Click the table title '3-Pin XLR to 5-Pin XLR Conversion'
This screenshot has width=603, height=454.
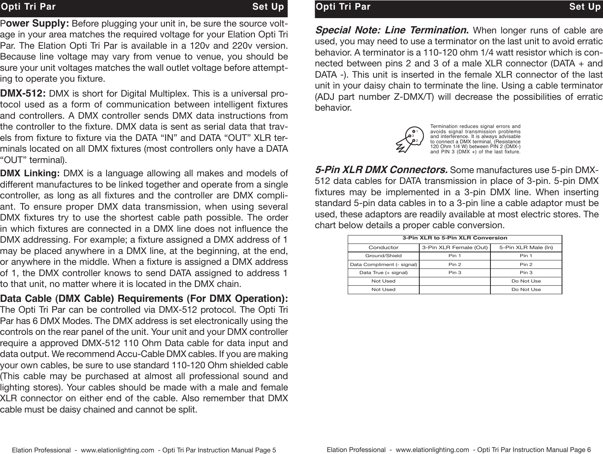coord(455,238)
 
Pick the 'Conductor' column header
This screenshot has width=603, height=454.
coord(384,248)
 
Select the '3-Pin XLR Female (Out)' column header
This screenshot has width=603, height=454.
coord(455,248)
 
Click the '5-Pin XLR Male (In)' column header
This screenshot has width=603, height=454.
coord(526,248)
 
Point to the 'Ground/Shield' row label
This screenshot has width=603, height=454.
coord(384,256)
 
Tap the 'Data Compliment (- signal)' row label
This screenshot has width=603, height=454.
coord(384,264)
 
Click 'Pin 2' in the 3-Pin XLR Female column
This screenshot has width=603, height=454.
coord(455,264)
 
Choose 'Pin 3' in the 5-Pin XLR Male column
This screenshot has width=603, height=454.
coord(526,273)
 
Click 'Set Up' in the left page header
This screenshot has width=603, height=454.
coord(268,7)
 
